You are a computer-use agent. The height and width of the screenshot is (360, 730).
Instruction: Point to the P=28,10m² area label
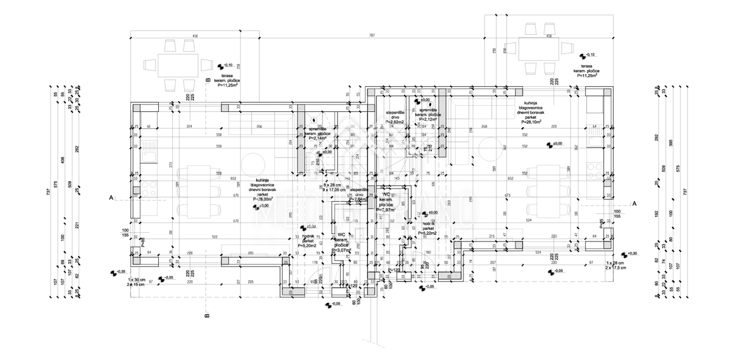pyautogui.click(x=534, y=122)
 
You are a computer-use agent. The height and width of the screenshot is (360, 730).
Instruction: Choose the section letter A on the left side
pyautogui.click(x=111, y=198)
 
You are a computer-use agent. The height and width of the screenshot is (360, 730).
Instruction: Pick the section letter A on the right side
pyautogui.click(x=634, y=204)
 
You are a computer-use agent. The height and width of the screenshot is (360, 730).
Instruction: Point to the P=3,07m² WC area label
pyautogui.click(x=341, y=251)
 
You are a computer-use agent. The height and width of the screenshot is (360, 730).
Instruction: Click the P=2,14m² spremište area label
pyautogui.click(x=318, y=138)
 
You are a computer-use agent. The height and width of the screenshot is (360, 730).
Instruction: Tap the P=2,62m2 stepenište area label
pyautogui.click(x=395, y=122)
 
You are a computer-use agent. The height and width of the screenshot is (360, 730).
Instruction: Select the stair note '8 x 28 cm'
pyautogui.click(x=333, y=184)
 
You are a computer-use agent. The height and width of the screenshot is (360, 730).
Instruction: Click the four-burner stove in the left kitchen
pyautogui.click(x=148, y=188)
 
